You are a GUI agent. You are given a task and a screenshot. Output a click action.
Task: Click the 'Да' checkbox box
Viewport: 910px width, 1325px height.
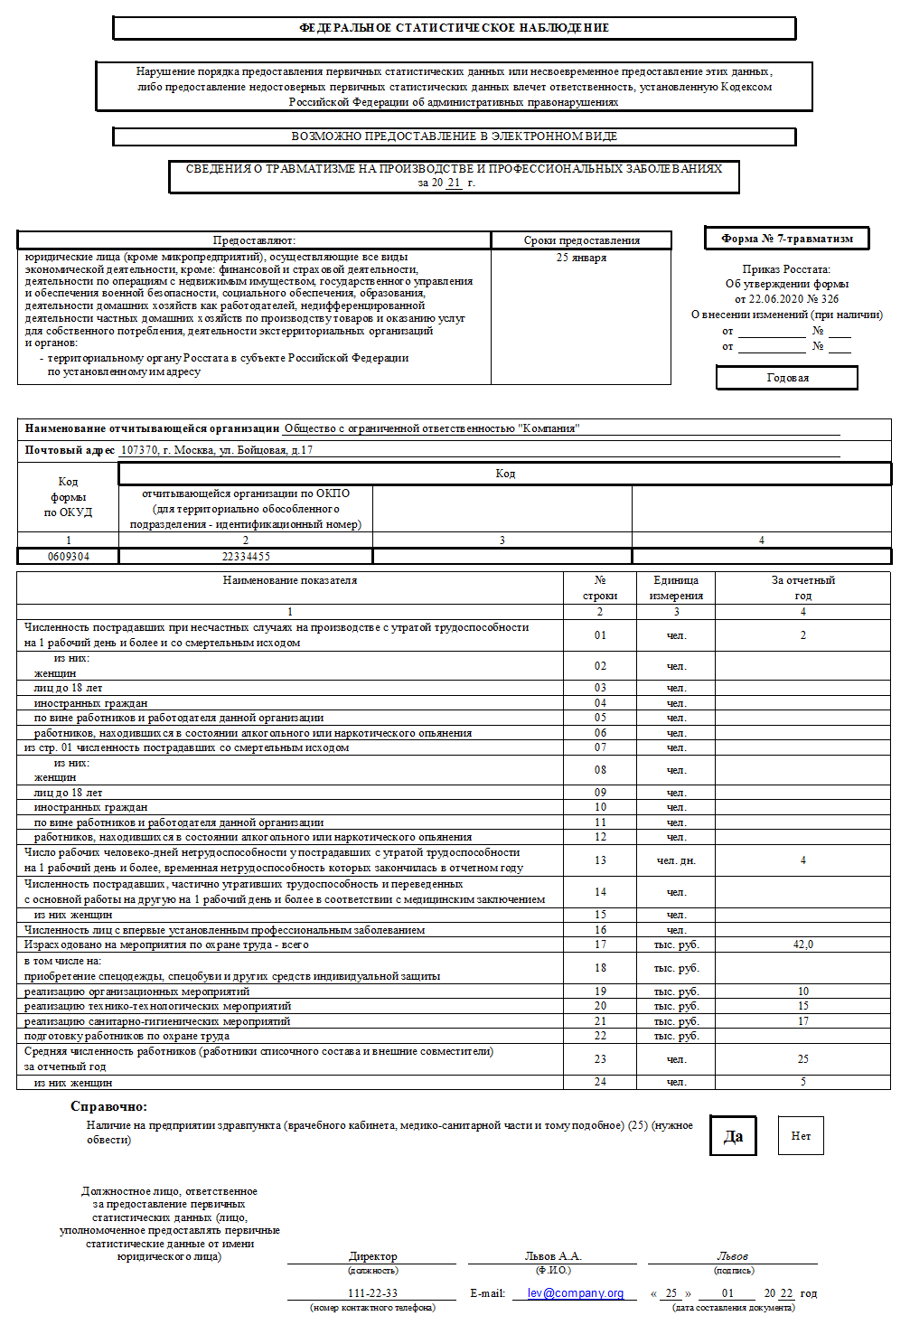pos(733,1136)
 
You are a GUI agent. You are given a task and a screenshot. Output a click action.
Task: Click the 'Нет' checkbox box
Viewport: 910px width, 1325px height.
pos(801,1136)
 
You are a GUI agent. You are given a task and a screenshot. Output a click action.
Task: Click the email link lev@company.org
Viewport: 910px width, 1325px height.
pos(576,1292)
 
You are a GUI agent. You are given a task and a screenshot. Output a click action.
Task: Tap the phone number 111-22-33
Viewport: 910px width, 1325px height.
pos(372,1292)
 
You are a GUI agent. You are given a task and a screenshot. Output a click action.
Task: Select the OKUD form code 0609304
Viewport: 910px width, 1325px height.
pos(69,557)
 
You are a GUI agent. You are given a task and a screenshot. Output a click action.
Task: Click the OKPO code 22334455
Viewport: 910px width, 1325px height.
pos(246,557)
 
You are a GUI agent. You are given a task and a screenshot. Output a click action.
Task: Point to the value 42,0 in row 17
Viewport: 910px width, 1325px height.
pos(802,944)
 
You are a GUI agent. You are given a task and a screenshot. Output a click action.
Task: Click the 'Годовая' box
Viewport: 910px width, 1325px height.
pos(787,378)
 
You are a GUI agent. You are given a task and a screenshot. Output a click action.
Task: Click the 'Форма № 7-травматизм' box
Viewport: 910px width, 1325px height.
pos(786,239)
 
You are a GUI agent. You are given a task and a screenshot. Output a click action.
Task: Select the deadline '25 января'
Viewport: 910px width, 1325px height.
pos(581,258)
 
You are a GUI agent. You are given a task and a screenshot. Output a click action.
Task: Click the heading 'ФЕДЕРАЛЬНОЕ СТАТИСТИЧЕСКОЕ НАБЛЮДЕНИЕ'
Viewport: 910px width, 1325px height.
pos(454,28)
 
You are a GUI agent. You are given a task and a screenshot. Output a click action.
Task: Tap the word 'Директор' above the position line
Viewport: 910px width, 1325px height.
pos(372,1256)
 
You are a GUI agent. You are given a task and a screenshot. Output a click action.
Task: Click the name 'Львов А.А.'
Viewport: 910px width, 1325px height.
pos(553,1256)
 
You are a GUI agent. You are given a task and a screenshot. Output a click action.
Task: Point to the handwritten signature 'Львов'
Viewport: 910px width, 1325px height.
pos(732,1256)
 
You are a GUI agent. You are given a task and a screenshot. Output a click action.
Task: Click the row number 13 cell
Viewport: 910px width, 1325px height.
pos(600,860)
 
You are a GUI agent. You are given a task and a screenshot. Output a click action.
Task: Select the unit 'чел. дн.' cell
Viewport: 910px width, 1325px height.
pos(676,860)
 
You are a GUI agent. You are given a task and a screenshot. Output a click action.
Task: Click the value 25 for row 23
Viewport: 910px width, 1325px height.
pos(802,1059)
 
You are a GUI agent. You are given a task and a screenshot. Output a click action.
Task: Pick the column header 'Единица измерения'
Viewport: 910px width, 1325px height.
pos(676,587)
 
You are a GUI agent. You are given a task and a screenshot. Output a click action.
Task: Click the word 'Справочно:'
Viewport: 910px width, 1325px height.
pos(108,1106)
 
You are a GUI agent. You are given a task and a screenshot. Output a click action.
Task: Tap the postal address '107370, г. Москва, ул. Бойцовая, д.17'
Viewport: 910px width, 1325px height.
pos(217,450)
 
